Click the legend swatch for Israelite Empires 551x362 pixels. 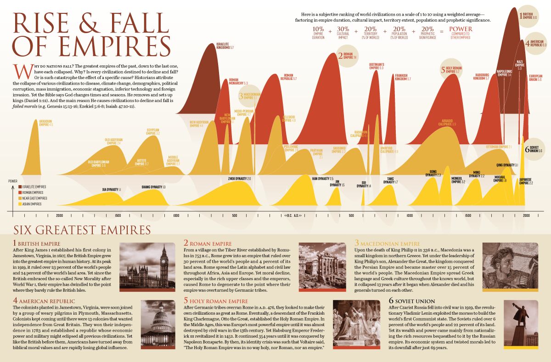coord(20,187)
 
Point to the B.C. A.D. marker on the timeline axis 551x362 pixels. coord(293,215)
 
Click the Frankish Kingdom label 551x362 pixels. coord(403,78)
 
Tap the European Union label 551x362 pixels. coord(535,78)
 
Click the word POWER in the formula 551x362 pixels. coord(460,29)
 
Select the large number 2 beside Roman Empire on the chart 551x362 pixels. coord(340,56)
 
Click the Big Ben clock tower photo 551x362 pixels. coord(147,265)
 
